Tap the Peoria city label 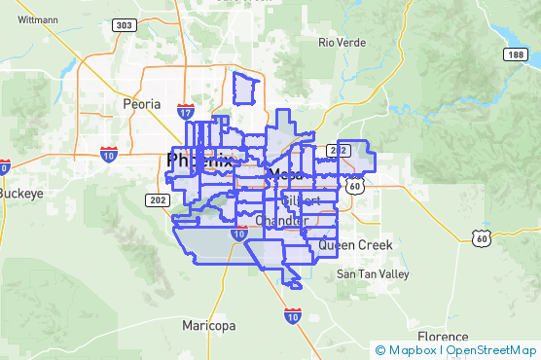point(141,103)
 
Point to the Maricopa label point(208,325)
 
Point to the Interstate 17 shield point(185,112)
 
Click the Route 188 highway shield point(515,55)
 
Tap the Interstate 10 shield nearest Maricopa point(293,315)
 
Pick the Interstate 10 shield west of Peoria point(109,154)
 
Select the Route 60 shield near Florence point(479,237)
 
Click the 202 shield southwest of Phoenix point(157,199)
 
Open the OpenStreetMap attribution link point(491,349)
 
